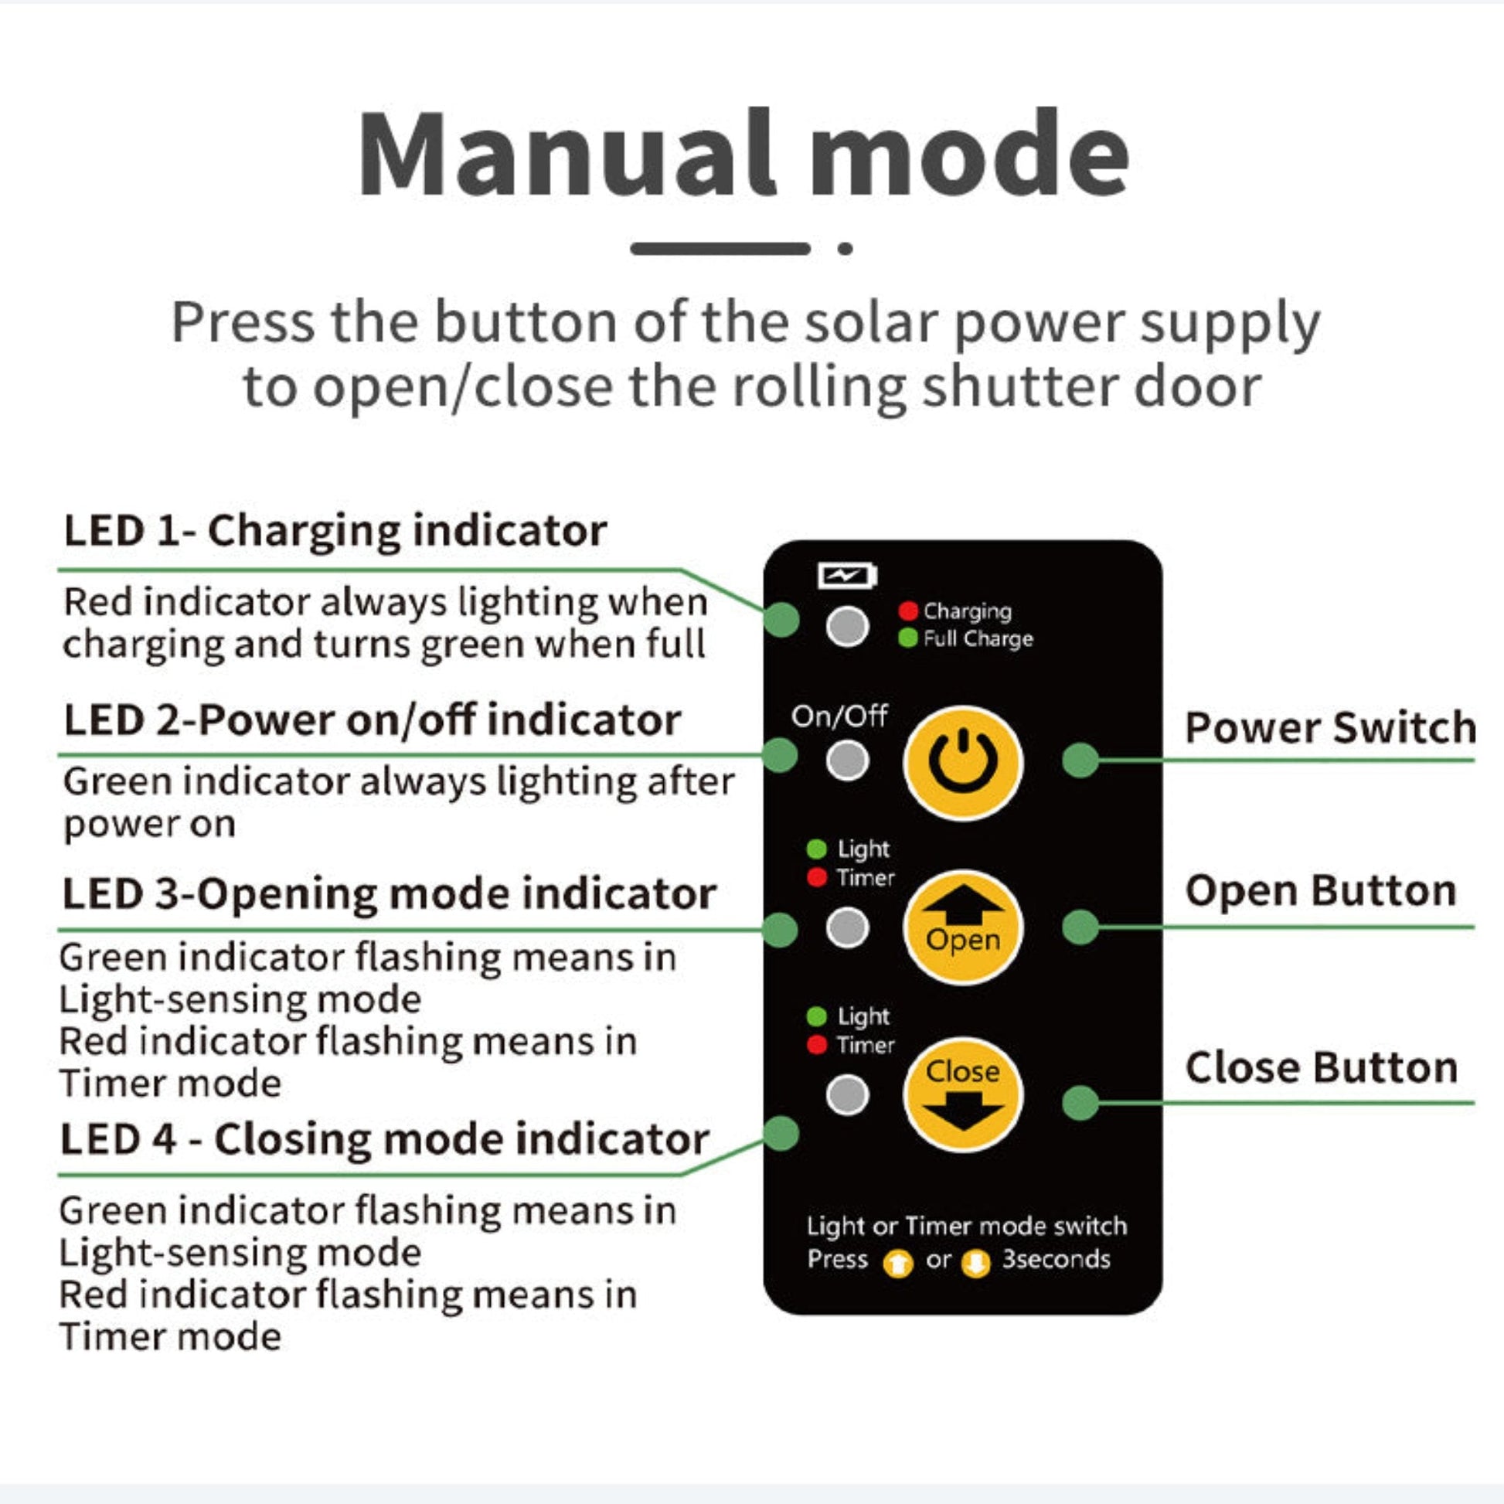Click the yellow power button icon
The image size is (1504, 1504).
click(963, 763)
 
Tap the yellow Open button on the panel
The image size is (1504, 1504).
click(963, 927)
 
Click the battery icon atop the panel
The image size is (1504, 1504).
click(848, 576)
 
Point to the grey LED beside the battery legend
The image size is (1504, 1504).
click(847, 625)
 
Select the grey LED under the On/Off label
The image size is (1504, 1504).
click(847, 760)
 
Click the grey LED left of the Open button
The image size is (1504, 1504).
click(847, 928)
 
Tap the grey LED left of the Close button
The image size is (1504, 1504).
click(847, 1094)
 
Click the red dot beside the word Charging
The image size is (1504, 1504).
click(907, 611)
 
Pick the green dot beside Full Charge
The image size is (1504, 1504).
click(907, 638)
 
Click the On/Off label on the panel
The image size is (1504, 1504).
click(839, 716)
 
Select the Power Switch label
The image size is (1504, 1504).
click(1329, 728)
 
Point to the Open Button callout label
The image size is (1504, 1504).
click(1320, 890)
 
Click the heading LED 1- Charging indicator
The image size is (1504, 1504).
click(335, 531)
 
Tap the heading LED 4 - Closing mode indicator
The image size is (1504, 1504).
click(385, 1140)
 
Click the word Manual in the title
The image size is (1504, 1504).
click(567, 152)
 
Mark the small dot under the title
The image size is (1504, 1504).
click(846, 249)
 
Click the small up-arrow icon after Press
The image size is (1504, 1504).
click(897, 1264)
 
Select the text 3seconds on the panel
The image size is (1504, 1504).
click(1056, 1259)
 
